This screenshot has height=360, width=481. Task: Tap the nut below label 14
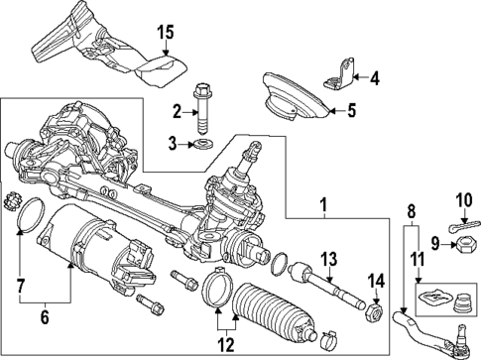coord(375,311)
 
